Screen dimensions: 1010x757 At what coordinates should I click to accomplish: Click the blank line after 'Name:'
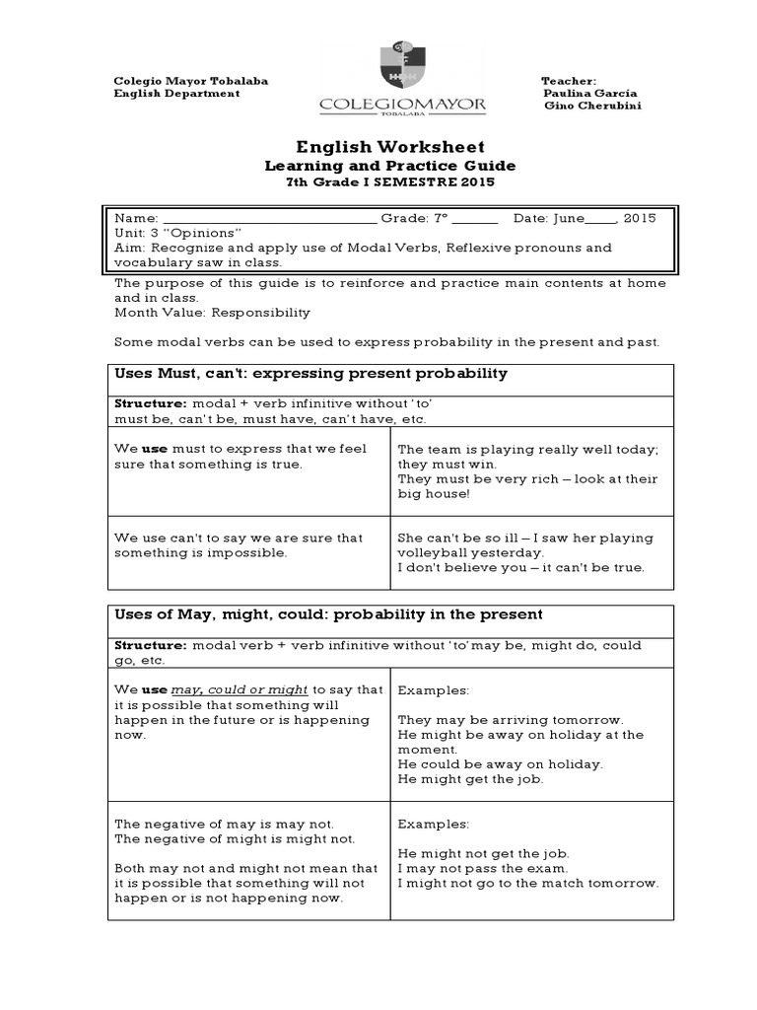point(268,218)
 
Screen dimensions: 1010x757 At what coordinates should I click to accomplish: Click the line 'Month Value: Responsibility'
point(212,313)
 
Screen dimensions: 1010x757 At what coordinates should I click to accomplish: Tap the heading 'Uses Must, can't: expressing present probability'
point(310,374)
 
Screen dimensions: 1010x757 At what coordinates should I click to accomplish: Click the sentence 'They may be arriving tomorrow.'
point(511,720)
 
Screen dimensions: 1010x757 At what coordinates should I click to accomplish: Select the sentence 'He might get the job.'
point(470,779)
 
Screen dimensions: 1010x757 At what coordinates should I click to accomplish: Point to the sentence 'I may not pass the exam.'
point(483,868)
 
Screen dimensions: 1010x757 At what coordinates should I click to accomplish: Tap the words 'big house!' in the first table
point(431,493)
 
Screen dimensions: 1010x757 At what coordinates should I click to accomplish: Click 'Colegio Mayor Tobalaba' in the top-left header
point(191,80)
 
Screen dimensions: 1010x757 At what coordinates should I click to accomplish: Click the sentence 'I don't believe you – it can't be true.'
point(520,567)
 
